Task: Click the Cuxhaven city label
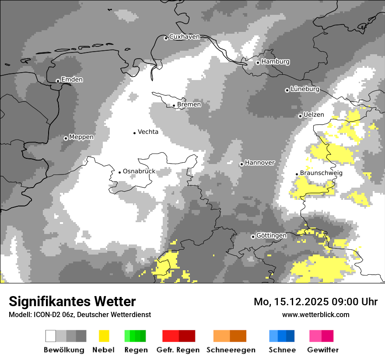[184, 37]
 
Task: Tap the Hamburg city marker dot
[258, 63]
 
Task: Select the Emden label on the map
[72, 80]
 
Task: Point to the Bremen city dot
[174, 105]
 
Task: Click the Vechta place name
[148, 132]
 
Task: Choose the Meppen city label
[81, 137]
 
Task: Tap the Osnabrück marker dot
[119, 172]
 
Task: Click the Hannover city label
[259, 163]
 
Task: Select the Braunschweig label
[321, 173]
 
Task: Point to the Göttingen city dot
[253, 237]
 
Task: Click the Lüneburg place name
[304, 89]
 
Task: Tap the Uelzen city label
[314, 115]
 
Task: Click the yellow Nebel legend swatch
[104, 336]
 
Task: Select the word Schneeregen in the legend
[231, 350]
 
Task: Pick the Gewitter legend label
[323, 350]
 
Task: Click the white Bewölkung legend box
[51, 336]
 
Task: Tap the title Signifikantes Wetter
[72, 301]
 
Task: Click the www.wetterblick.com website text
[315, 314]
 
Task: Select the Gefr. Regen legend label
[178, 350]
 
